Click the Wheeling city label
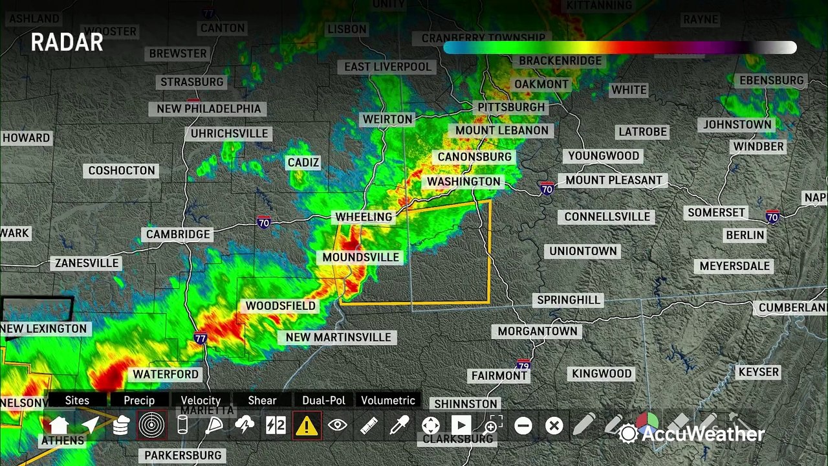pos(364,217)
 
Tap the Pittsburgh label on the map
pos(511,107)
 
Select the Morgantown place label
pos(537,331)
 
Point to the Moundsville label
pos(360,257)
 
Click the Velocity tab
pos(201,401)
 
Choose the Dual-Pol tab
pos(323,401)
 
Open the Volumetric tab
pos(388,401)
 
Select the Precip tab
pos(139,401)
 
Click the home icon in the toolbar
pos(59,425)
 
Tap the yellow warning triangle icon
pos(307,425)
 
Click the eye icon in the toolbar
pos(338,425)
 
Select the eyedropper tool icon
pos(399,425)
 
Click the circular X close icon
pos(554,425)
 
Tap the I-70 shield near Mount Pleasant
pos(547,188)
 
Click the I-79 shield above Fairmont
pos(523,364)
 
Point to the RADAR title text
pos(67,43)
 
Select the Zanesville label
pos(87,263)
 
